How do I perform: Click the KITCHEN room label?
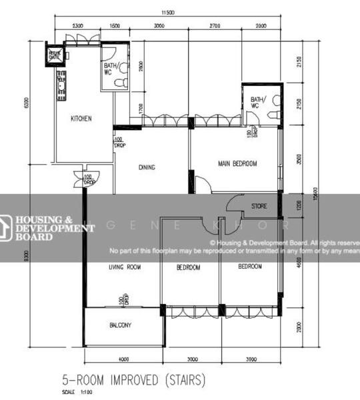pyautogui.click(x=81, y=119)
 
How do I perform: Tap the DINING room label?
pyautogui.click(x=147, y=167)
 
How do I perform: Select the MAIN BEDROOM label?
pyautogui.click(x=237, y=163)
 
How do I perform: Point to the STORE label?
pyautogui.click(x=259, y=206)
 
